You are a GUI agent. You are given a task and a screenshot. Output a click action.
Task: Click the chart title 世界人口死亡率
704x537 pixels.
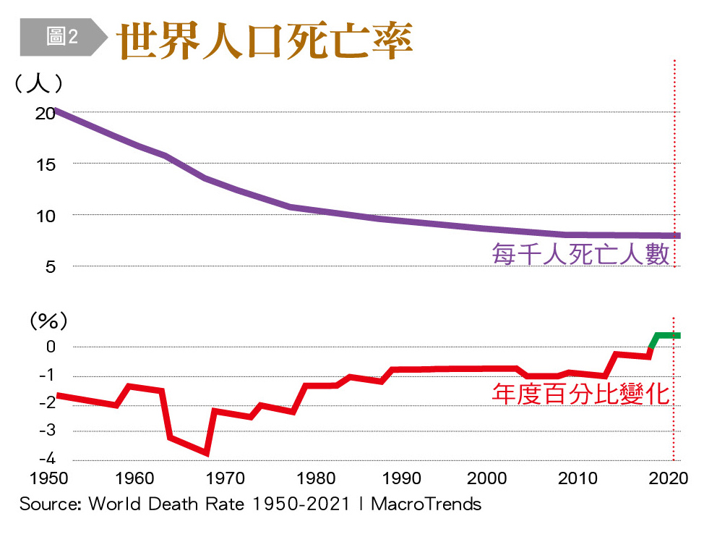tap(265, 41)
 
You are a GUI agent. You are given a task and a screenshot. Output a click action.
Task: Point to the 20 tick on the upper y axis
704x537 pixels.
tap(45, 113)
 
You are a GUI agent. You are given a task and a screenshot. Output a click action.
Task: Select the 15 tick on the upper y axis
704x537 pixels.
tap(45, 164)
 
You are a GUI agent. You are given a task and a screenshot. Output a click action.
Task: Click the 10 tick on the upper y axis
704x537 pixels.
tap(45, 216)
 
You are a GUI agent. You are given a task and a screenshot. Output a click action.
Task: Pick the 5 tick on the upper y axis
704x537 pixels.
tap(48, 267)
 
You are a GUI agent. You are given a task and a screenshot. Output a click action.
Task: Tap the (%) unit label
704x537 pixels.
tap(48, 320)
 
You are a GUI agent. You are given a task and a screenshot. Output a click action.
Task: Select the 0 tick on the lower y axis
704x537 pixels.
tap(51, 347)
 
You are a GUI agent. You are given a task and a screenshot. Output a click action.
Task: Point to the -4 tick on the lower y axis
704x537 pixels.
tap(46, 460)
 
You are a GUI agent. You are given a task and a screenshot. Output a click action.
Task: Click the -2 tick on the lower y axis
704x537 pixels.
tap(46, 403)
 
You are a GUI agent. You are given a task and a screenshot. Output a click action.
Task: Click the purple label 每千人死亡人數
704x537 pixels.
tap(580, 255)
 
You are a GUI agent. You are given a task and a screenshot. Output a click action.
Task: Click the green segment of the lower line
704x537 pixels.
tap(666, 335)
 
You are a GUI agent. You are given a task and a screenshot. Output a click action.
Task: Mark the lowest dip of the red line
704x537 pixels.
tap(207, 453)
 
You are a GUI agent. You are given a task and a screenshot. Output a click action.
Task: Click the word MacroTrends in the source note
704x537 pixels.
tap(426, 504)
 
